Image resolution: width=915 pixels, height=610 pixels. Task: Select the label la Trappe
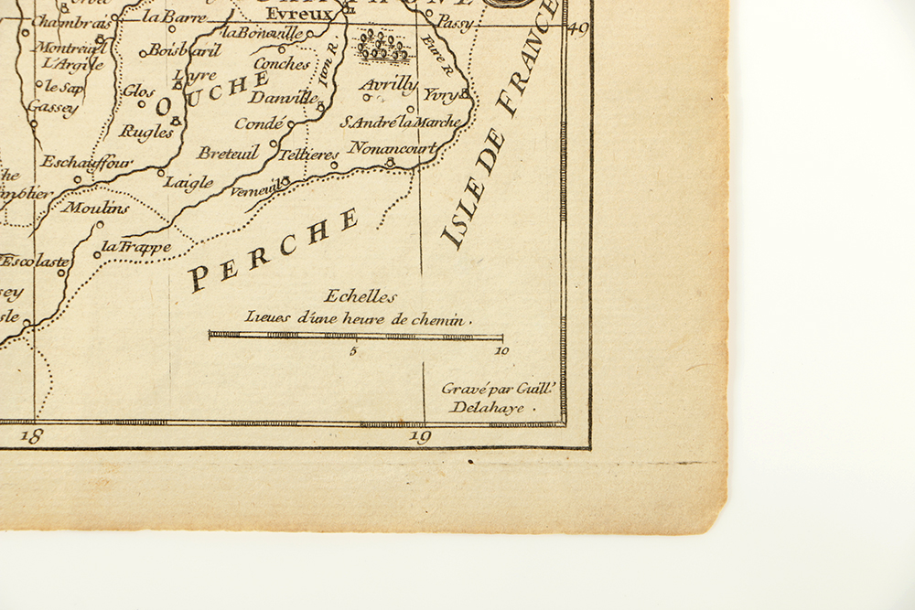[x=135, y=246]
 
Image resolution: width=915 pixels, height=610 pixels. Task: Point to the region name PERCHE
[x=273, y=250]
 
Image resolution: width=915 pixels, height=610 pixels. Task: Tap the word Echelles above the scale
[x=361, y=296]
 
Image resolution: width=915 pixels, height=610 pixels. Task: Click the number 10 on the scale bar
[x=501, y=350]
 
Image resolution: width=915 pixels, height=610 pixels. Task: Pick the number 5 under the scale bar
[x=353, y=350]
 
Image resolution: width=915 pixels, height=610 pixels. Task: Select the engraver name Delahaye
[x=488, y=408]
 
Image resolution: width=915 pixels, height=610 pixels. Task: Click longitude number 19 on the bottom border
[x=420, y=436]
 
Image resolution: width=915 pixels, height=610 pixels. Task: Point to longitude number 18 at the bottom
[x=31, y=436]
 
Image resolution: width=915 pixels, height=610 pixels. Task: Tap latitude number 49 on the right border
[x=578, y=28]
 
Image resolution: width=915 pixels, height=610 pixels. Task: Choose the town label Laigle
[x=188, y=182]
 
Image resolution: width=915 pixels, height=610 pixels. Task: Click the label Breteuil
[x=228, y=153]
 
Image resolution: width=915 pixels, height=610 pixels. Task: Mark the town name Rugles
[x=146, y=133]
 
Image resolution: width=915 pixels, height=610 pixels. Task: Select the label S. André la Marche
[x=401, y=122]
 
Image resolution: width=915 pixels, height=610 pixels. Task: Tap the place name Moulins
[x=96, y=208]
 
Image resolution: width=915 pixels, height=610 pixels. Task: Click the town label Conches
[x=282, y=64]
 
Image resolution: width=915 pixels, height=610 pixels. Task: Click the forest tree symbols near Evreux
[x=383, y=47]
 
